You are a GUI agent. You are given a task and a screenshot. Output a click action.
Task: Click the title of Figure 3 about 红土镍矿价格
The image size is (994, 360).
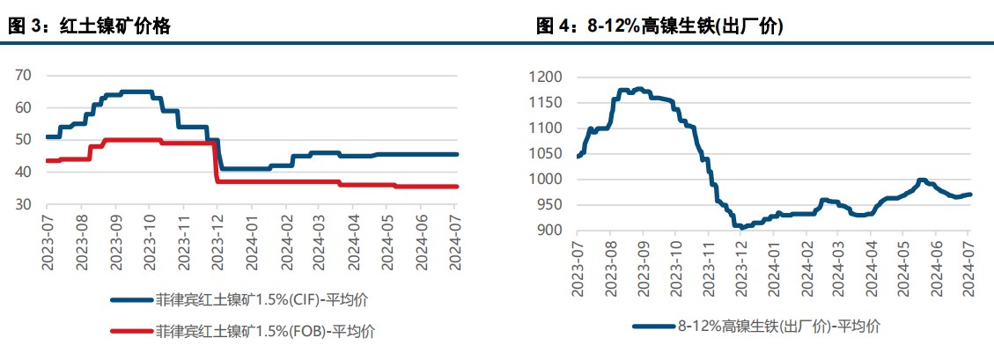[89, 27]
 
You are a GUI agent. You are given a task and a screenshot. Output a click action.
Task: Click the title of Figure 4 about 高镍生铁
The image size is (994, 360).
[659, 27]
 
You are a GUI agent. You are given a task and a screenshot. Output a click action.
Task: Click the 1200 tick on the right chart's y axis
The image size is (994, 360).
[544, 77]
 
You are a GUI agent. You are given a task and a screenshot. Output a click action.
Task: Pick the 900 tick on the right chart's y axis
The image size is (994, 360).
[549, 231]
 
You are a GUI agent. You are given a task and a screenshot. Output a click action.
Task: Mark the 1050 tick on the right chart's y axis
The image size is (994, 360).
[544, 154]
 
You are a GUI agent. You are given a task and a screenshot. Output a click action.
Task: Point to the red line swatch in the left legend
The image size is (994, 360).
[130, 332]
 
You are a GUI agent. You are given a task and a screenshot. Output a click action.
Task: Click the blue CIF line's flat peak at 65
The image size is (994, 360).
[136, 92]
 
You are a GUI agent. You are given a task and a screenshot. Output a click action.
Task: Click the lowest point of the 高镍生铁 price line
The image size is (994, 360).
[742, 227]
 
